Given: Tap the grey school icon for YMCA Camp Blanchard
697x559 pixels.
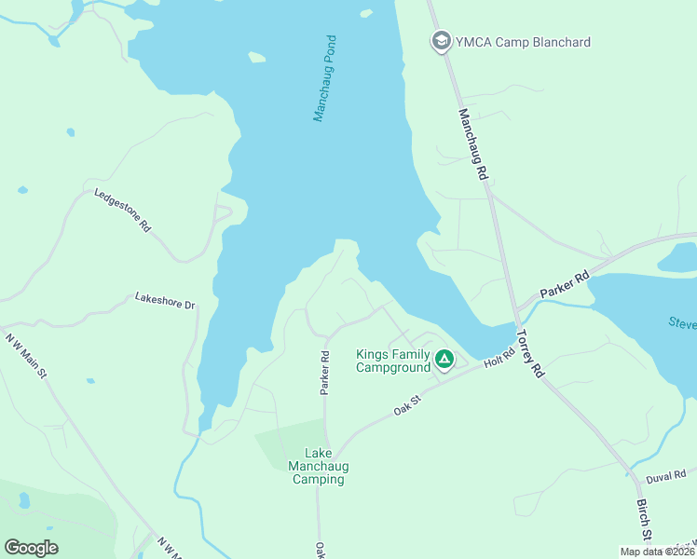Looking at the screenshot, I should point(440,41).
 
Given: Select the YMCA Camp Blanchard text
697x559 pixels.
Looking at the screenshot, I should point(523,42).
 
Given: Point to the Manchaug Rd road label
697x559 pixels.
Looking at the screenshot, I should point(473,144).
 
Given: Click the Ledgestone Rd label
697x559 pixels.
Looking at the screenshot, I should point(122,210).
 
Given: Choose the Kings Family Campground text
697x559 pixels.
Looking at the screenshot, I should point(393,361).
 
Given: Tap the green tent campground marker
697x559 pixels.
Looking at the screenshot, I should point(445,359).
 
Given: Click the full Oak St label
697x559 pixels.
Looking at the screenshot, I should point(408,407).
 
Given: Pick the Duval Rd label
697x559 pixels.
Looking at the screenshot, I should point(665,476).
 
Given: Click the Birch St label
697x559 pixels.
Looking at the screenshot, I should point(642,520).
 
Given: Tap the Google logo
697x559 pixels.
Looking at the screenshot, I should point(31,548).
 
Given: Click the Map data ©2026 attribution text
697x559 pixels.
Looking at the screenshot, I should point(657,552).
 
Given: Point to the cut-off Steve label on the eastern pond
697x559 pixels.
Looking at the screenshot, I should point(681,323).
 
